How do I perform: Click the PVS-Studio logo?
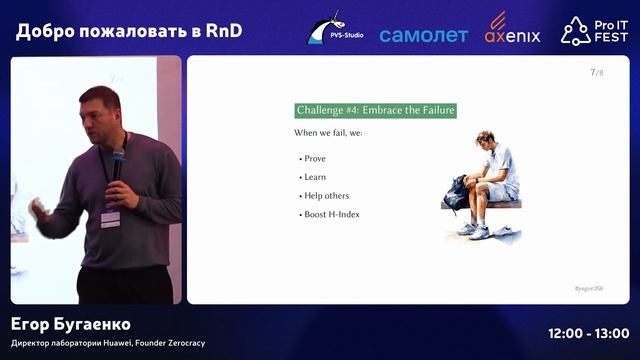point(335,29)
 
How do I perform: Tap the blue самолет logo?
point(423,35)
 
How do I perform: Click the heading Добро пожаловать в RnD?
point(129,31)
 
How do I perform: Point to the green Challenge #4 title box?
point(376,110)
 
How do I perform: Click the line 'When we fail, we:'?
point(330,133)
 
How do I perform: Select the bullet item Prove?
point(314,159)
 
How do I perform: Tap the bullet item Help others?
point(326,195)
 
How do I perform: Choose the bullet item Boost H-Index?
point(332,214)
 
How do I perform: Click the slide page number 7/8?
point(597,72)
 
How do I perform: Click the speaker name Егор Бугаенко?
point(71,325)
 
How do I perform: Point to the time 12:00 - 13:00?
point(589,333)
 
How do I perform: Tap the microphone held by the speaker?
point(118,161)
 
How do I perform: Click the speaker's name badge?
point(110,218)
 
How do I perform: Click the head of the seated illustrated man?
point(486,139)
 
